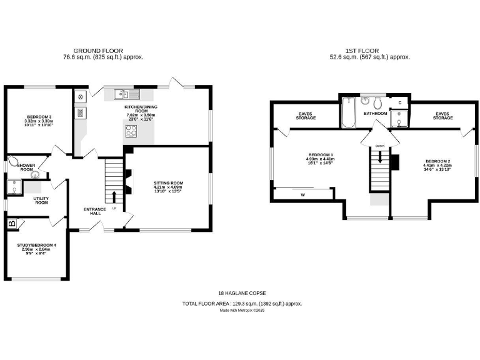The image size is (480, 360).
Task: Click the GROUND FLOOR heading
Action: click(98, 51)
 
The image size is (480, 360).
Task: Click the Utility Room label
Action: click(41, 200)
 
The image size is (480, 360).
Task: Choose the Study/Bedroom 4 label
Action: click(36, 249)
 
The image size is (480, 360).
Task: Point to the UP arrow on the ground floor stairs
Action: click(114, 198)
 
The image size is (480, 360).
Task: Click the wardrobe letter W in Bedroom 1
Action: click(302, 194)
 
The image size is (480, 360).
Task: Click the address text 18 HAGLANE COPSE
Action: click(242, 293)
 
